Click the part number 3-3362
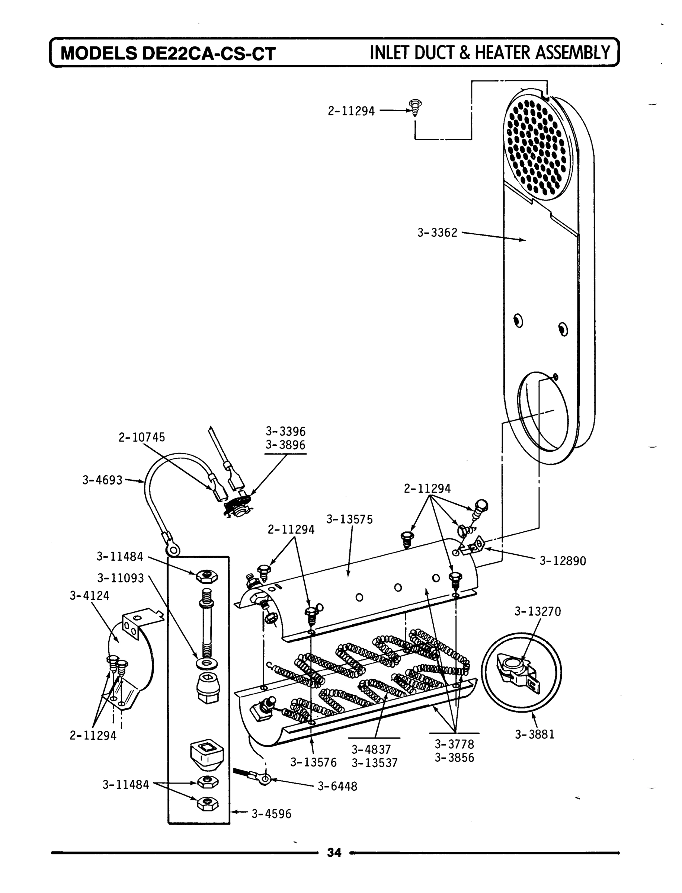click(x=437, y=233)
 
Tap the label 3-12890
click(x=562, y=561)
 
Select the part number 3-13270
click(x=538, y=611)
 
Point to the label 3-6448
click(x=337, y=787)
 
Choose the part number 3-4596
click(x=271, y=814)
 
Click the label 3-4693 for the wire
click(x=102, y=480)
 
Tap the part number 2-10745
click(x=142, y=437)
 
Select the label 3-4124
click(x=89, y=596)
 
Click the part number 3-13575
click(x=349, y=519)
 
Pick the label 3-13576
click(x=313, y=763)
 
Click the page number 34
click(x=334, y=853)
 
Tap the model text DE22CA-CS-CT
click(x=209, y=54)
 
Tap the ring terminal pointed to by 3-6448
click(x=264, y=779)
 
